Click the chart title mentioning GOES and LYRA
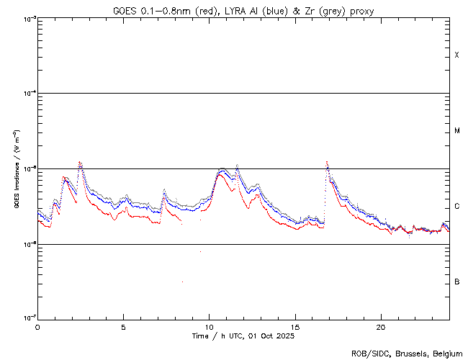click(x=243, y=10)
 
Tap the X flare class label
click(x=457, y=55)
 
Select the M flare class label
click(x=457, y=131)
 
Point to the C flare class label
click(x=457, y=207)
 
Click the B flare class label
click(x=457, y=282)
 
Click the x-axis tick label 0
click(x=37, y=326)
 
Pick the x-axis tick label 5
click(x=123, y=326)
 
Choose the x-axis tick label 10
click(x=209, y=326)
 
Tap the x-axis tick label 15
click(x=295, y=326)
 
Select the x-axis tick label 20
click(x=381, y=326)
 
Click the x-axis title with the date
click(x=243, y=336)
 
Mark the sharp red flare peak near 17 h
click(x=327, y=162)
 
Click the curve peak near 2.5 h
click(x=80, y=162)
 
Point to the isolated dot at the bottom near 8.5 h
click(x=182, y=281)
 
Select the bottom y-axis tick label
click(x=27, y=318)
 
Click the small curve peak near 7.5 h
click(x=165, y=190)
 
